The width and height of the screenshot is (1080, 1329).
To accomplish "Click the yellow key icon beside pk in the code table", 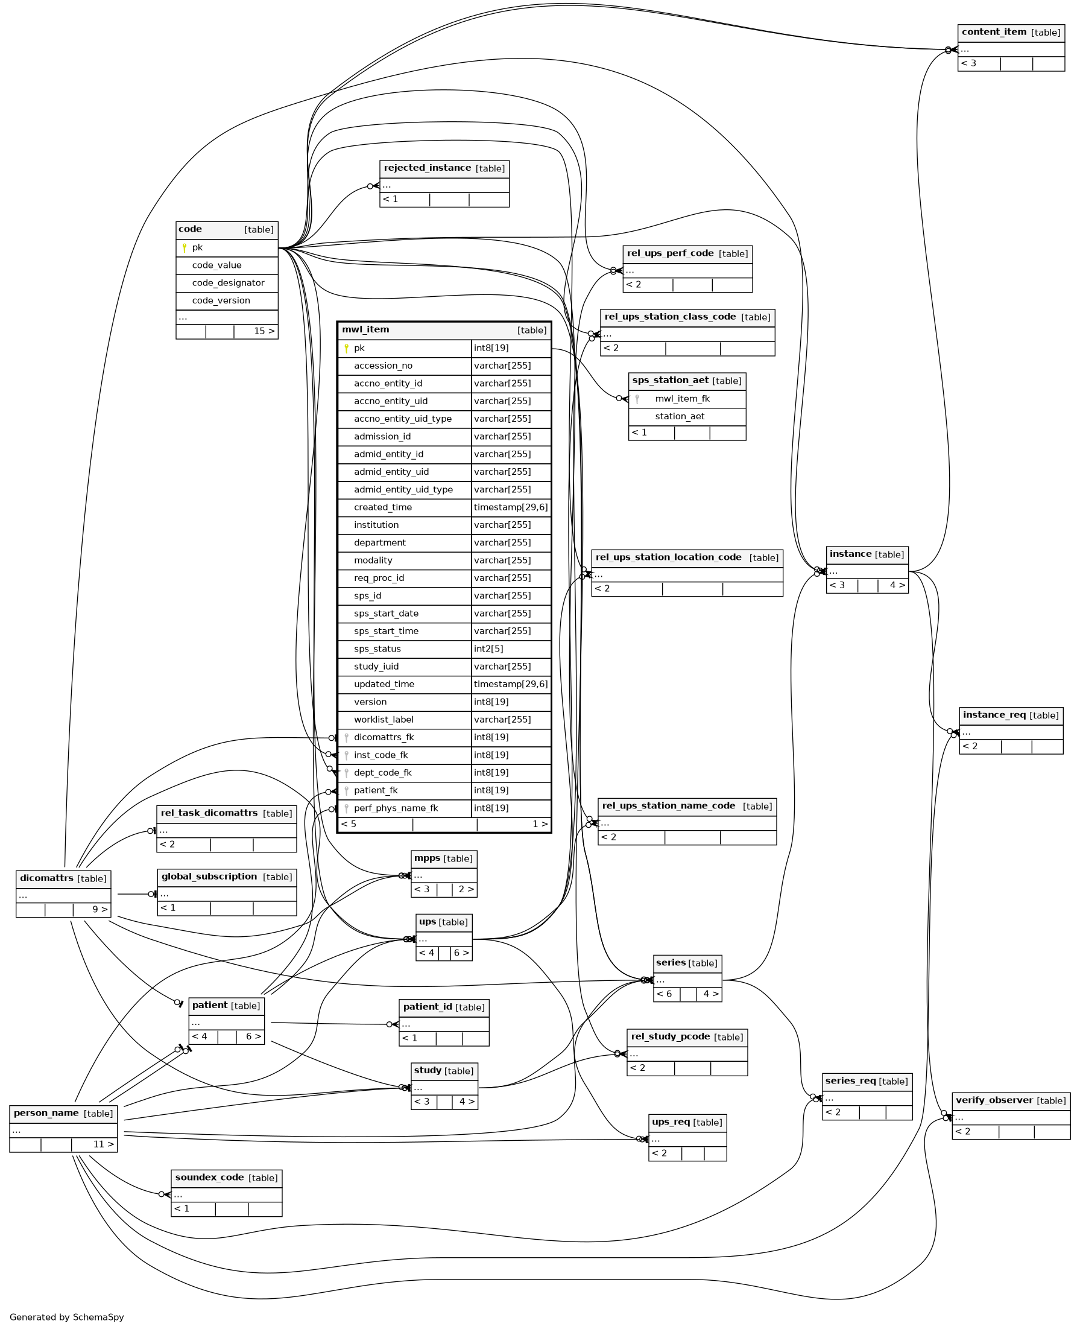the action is coord(184,248).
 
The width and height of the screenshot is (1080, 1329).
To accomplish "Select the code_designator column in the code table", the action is coord(229,282).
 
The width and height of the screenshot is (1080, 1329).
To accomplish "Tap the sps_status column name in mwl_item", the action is coord(377,649).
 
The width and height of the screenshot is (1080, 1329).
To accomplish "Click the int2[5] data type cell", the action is coord(488,649).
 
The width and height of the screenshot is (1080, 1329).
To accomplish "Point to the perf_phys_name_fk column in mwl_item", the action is coord(396,808).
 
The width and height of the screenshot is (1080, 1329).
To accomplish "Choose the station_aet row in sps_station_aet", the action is coord(680,416).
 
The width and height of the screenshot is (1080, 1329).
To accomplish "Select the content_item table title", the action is coord(994,32).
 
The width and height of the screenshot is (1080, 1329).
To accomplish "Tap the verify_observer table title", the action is coord(994,1100).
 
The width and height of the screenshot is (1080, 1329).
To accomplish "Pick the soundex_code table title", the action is coord(209,1177).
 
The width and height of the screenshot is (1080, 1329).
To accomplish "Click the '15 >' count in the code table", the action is coord(264,331).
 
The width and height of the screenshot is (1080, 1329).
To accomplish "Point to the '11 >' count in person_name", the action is coord(104,1144).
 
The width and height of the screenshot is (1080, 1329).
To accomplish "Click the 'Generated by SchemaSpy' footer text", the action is coord(66,1317).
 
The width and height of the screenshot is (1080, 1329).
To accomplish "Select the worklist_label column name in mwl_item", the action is coord(384,720).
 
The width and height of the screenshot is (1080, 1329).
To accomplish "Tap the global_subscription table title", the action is coord(209,877).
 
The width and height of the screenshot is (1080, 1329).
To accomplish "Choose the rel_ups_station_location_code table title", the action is coord(668,557).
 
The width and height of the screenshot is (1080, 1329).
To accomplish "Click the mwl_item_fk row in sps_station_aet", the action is coord(682,399).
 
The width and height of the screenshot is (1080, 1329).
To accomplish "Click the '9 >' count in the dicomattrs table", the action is coord(100,910).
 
